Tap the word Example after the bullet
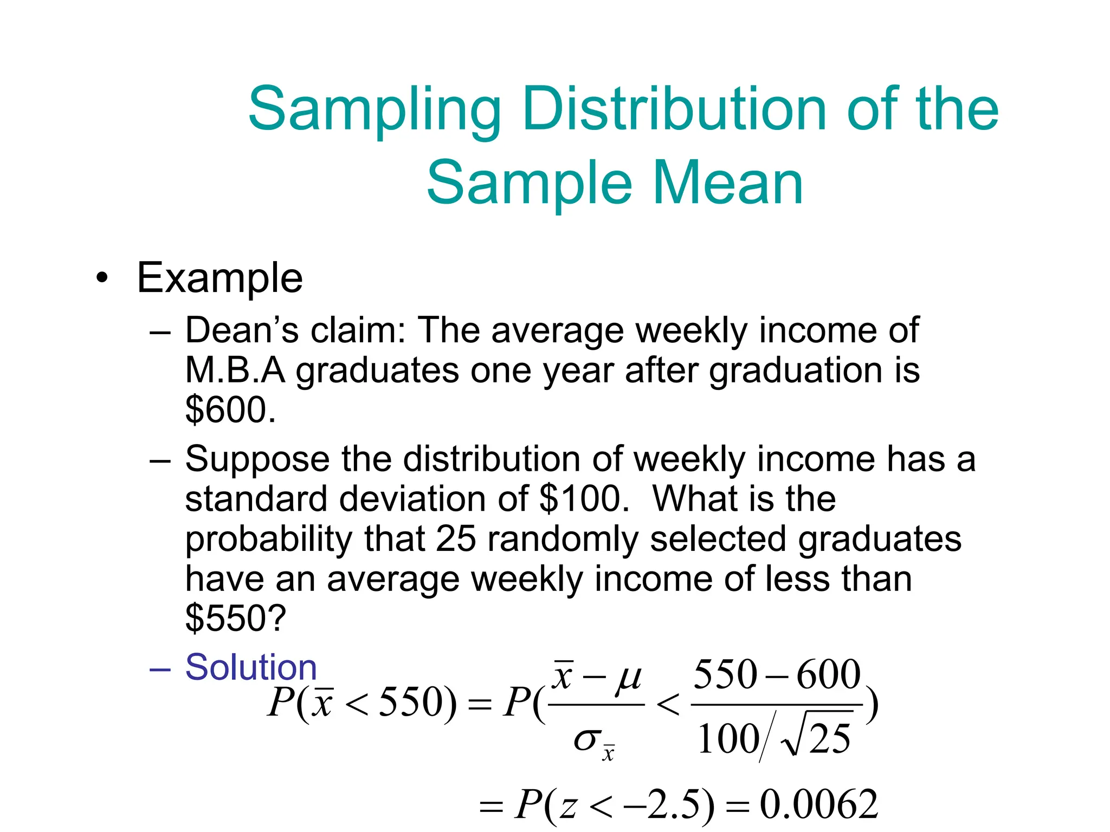click(220, 278)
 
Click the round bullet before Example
click(101, 279)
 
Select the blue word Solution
click(250, 667)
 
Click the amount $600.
click(230, 409)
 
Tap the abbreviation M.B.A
click(235, 370)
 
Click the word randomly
click(563, 540)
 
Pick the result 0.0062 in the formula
click(818, 804)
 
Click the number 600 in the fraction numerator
click(829, 674)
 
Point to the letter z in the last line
click(568, 807)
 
